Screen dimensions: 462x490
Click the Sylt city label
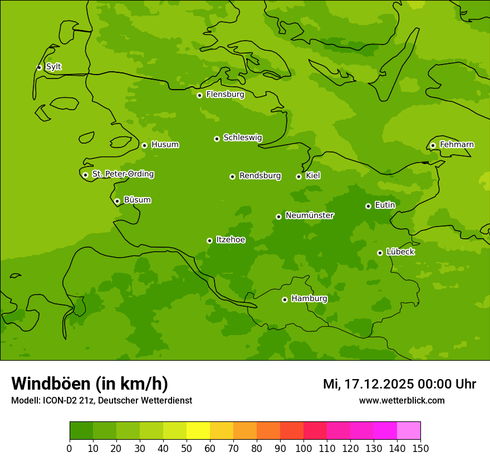coord(53,67)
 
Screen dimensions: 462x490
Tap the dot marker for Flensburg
coord(199,95)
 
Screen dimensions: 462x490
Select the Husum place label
coord(165,145)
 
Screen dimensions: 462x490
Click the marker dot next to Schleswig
coord(217,139)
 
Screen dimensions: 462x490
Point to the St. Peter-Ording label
coord(122,174)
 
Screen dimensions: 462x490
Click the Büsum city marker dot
coord(117,201)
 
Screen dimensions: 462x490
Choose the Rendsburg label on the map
coord(259,176)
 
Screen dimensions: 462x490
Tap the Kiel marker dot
coord(298,176)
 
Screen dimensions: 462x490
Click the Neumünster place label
coord(309,215)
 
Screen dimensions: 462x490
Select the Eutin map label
coord(385,205)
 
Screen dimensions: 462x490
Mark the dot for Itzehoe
coord(209,240)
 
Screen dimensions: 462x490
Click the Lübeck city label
coord(400,252)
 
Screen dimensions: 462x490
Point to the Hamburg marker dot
coord(285,299)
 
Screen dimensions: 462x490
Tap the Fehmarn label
coord(457,145)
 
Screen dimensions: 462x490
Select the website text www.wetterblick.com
coord(401,401)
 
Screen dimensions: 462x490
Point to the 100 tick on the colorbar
coord(303,448)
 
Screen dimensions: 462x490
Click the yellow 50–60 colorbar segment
coord(198,431)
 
